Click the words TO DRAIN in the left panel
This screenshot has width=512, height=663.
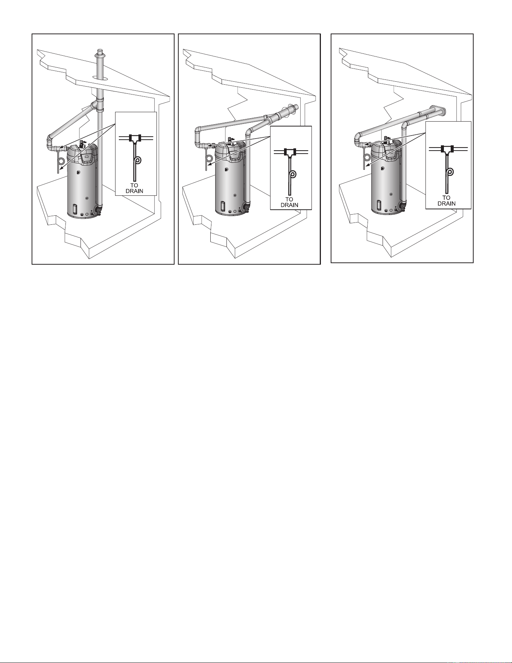tap(134, 188)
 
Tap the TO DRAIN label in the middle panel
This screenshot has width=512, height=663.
tap(289, 202)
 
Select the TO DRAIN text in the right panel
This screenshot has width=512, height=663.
tap(447, 200)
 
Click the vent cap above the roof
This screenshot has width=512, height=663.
tap(100, 53)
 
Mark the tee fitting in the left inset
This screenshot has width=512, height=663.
tap(135, 138)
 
